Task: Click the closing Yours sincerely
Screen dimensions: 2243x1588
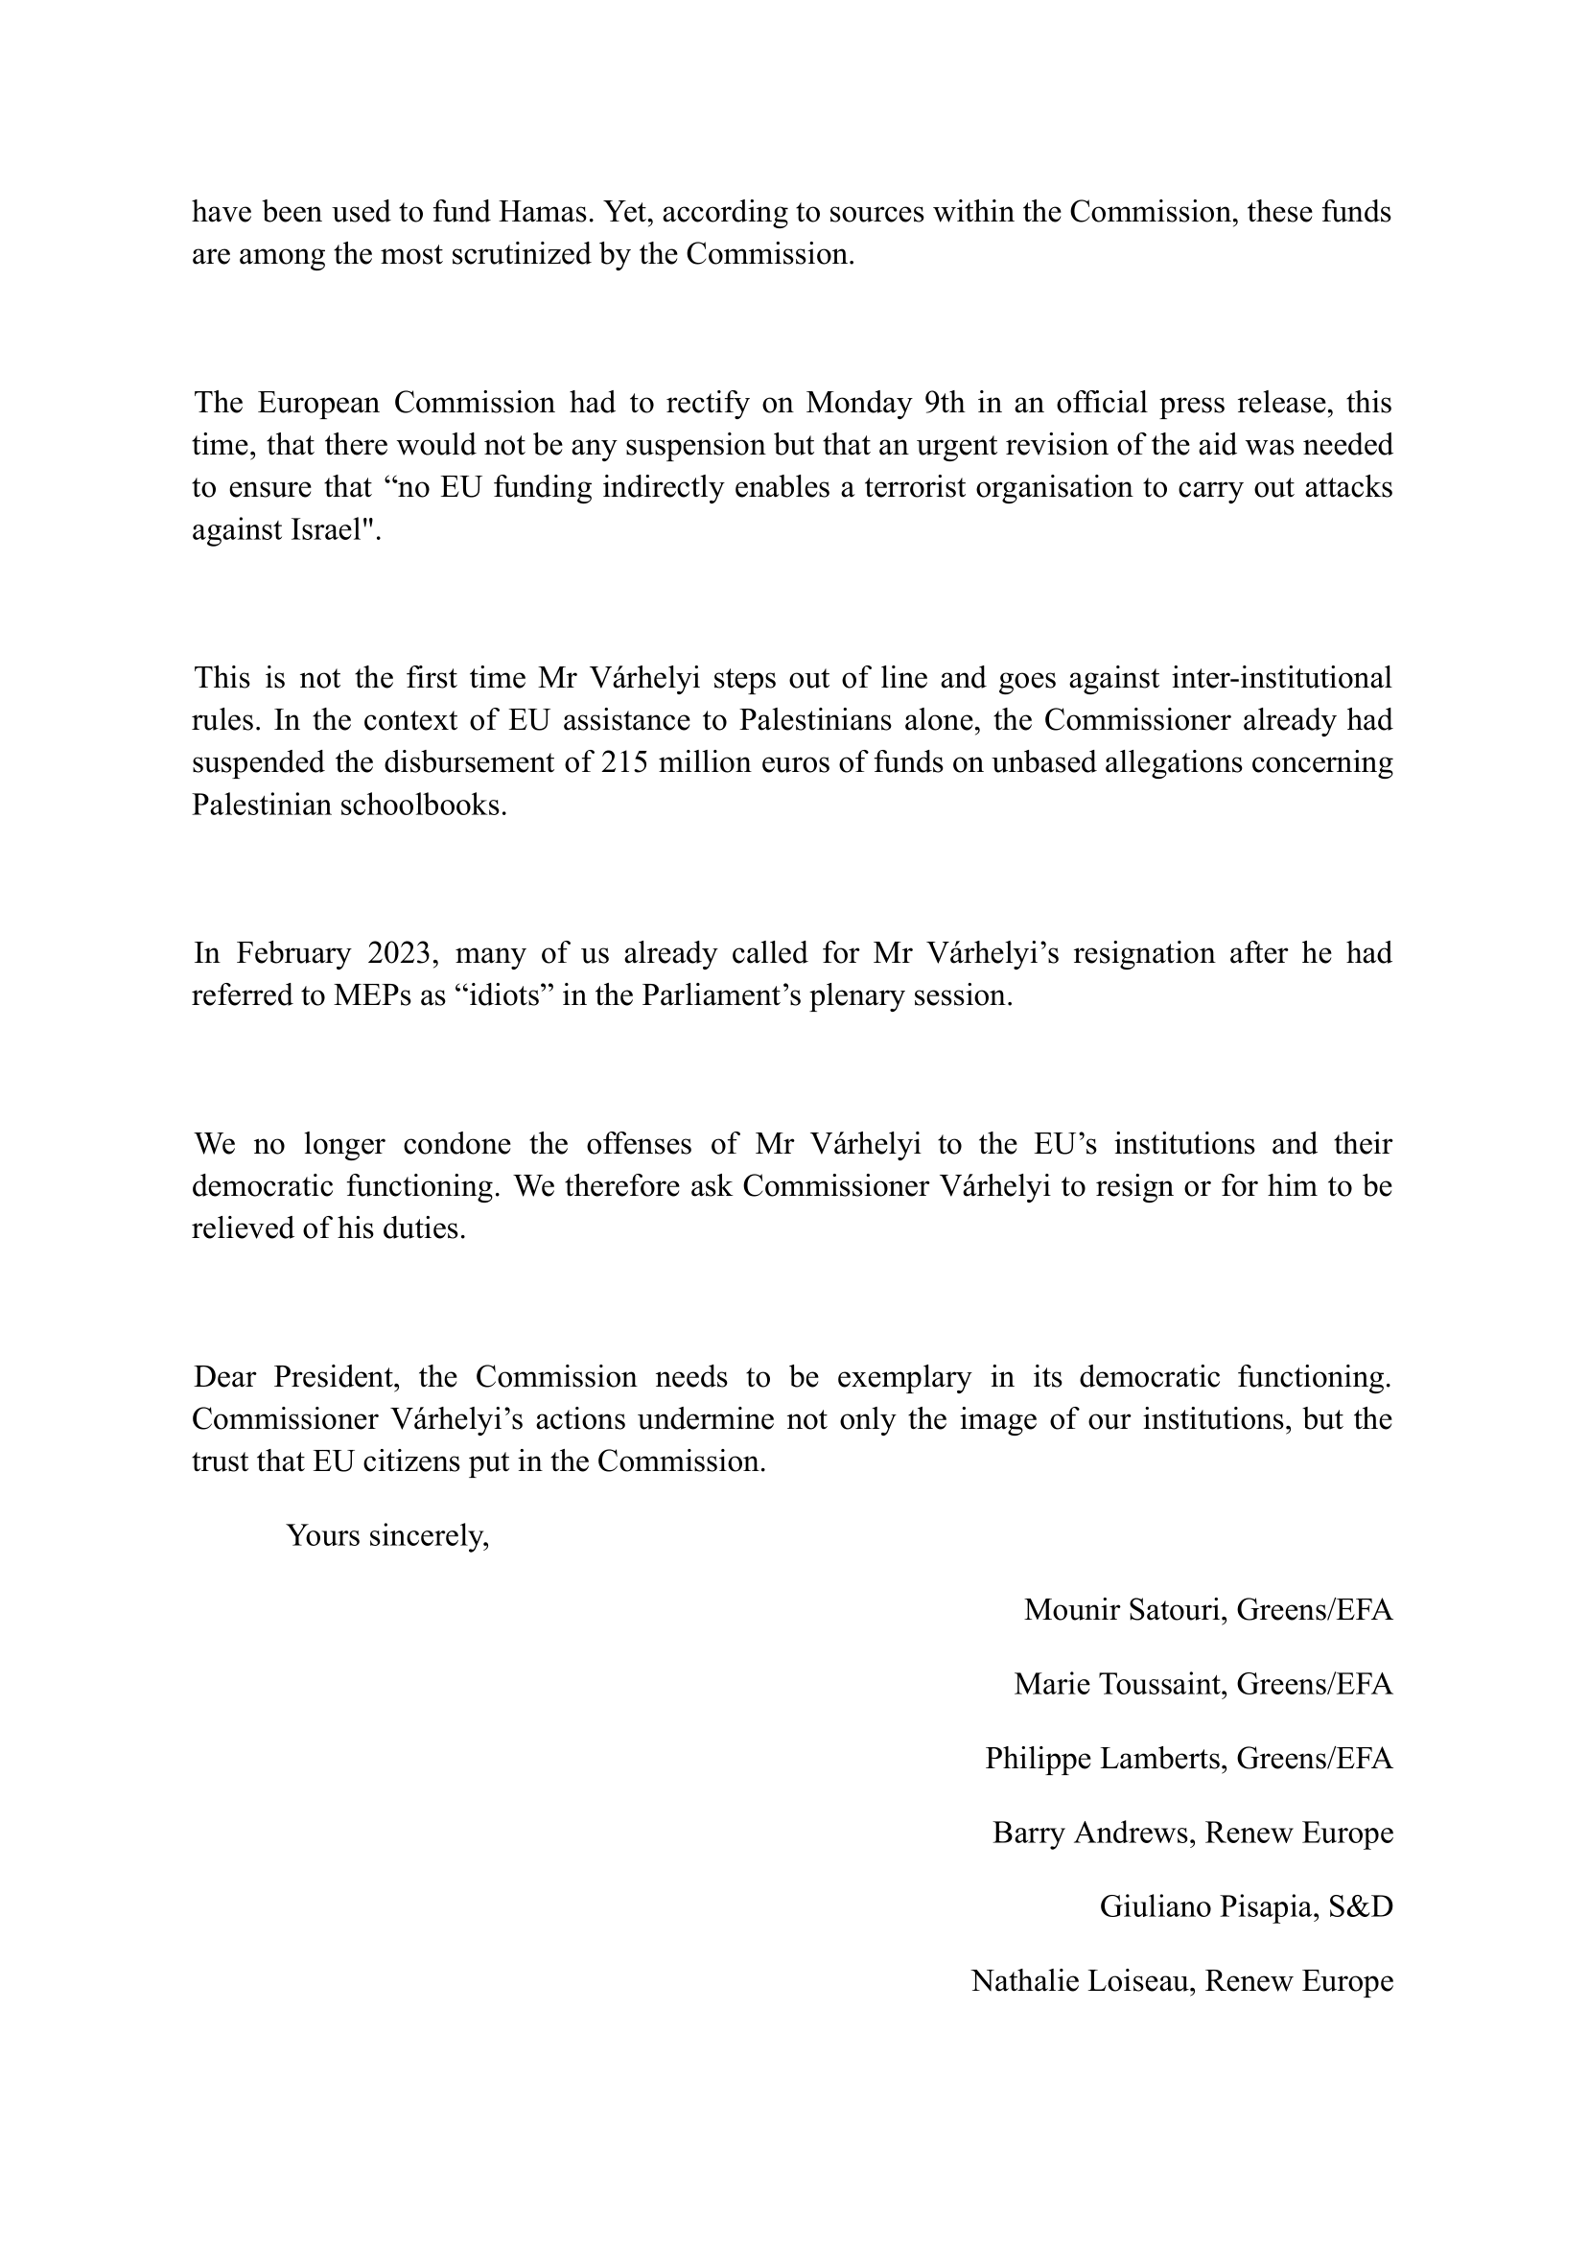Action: click(387, 1536)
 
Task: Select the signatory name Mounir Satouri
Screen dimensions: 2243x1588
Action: click(1124, 1609)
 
